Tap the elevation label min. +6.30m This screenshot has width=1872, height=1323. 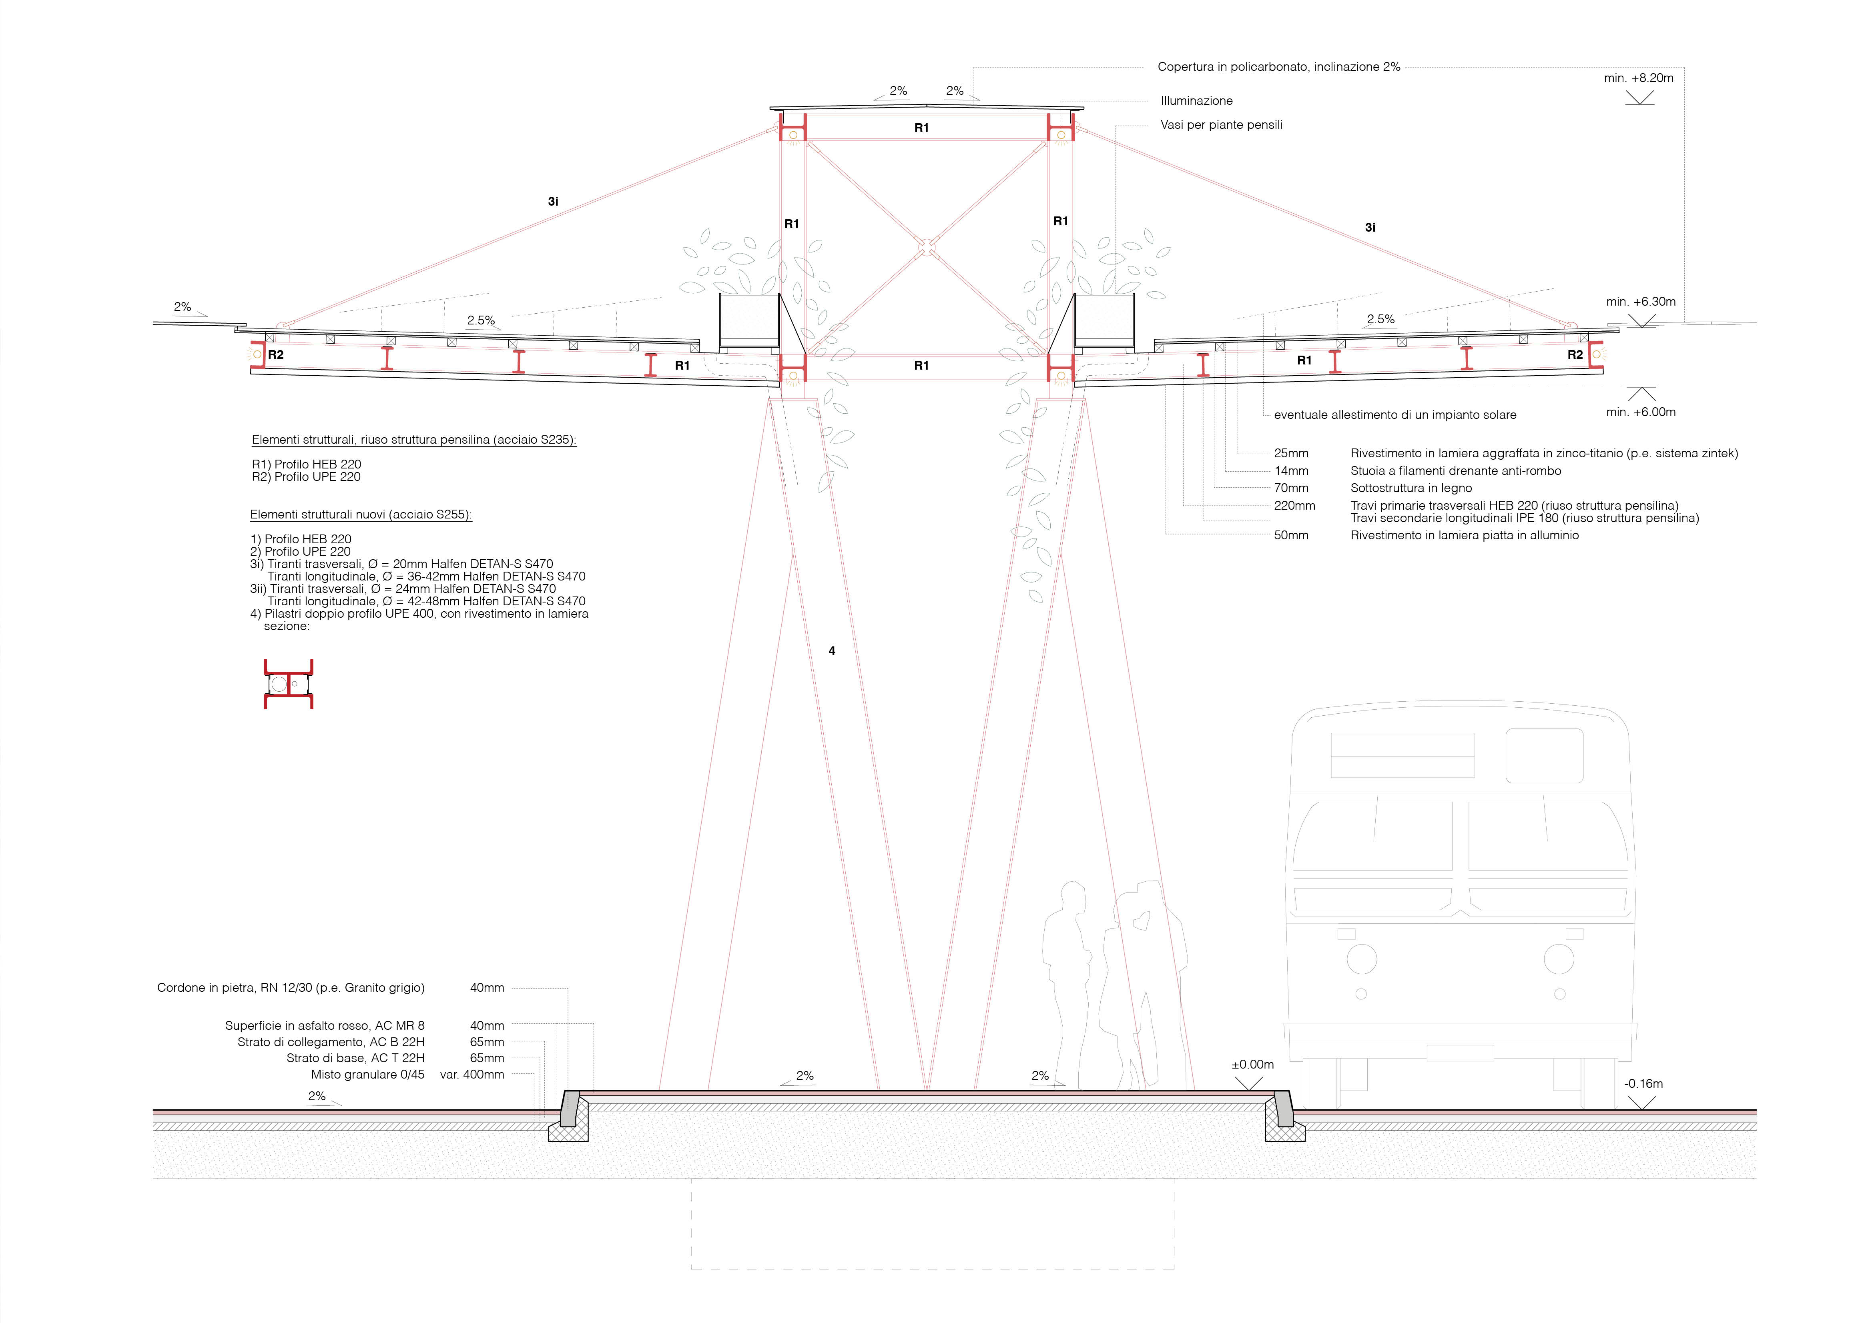pyautogui.click(x=1640, y=302)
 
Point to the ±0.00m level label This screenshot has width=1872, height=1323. pyautogui.click(x=1252, y=1065)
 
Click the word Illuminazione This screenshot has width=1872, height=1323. pyautogui.click(x=1196, y=101)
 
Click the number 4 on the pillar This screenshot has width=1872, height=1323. pyautogui.click(x=832, y=650)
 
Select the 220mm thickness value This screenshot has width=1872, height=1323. pyautogui.click(x=1295, y=505)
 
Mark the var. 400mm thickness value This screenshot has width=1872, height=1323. pyautogui.click(x=472, y=1075)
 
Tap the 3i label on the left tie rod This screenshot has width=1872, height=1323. pyautogui.click(x=553, y=200)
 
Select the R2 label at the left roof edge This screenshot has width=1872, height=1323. pyautogui.click(x=276, y=354)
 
